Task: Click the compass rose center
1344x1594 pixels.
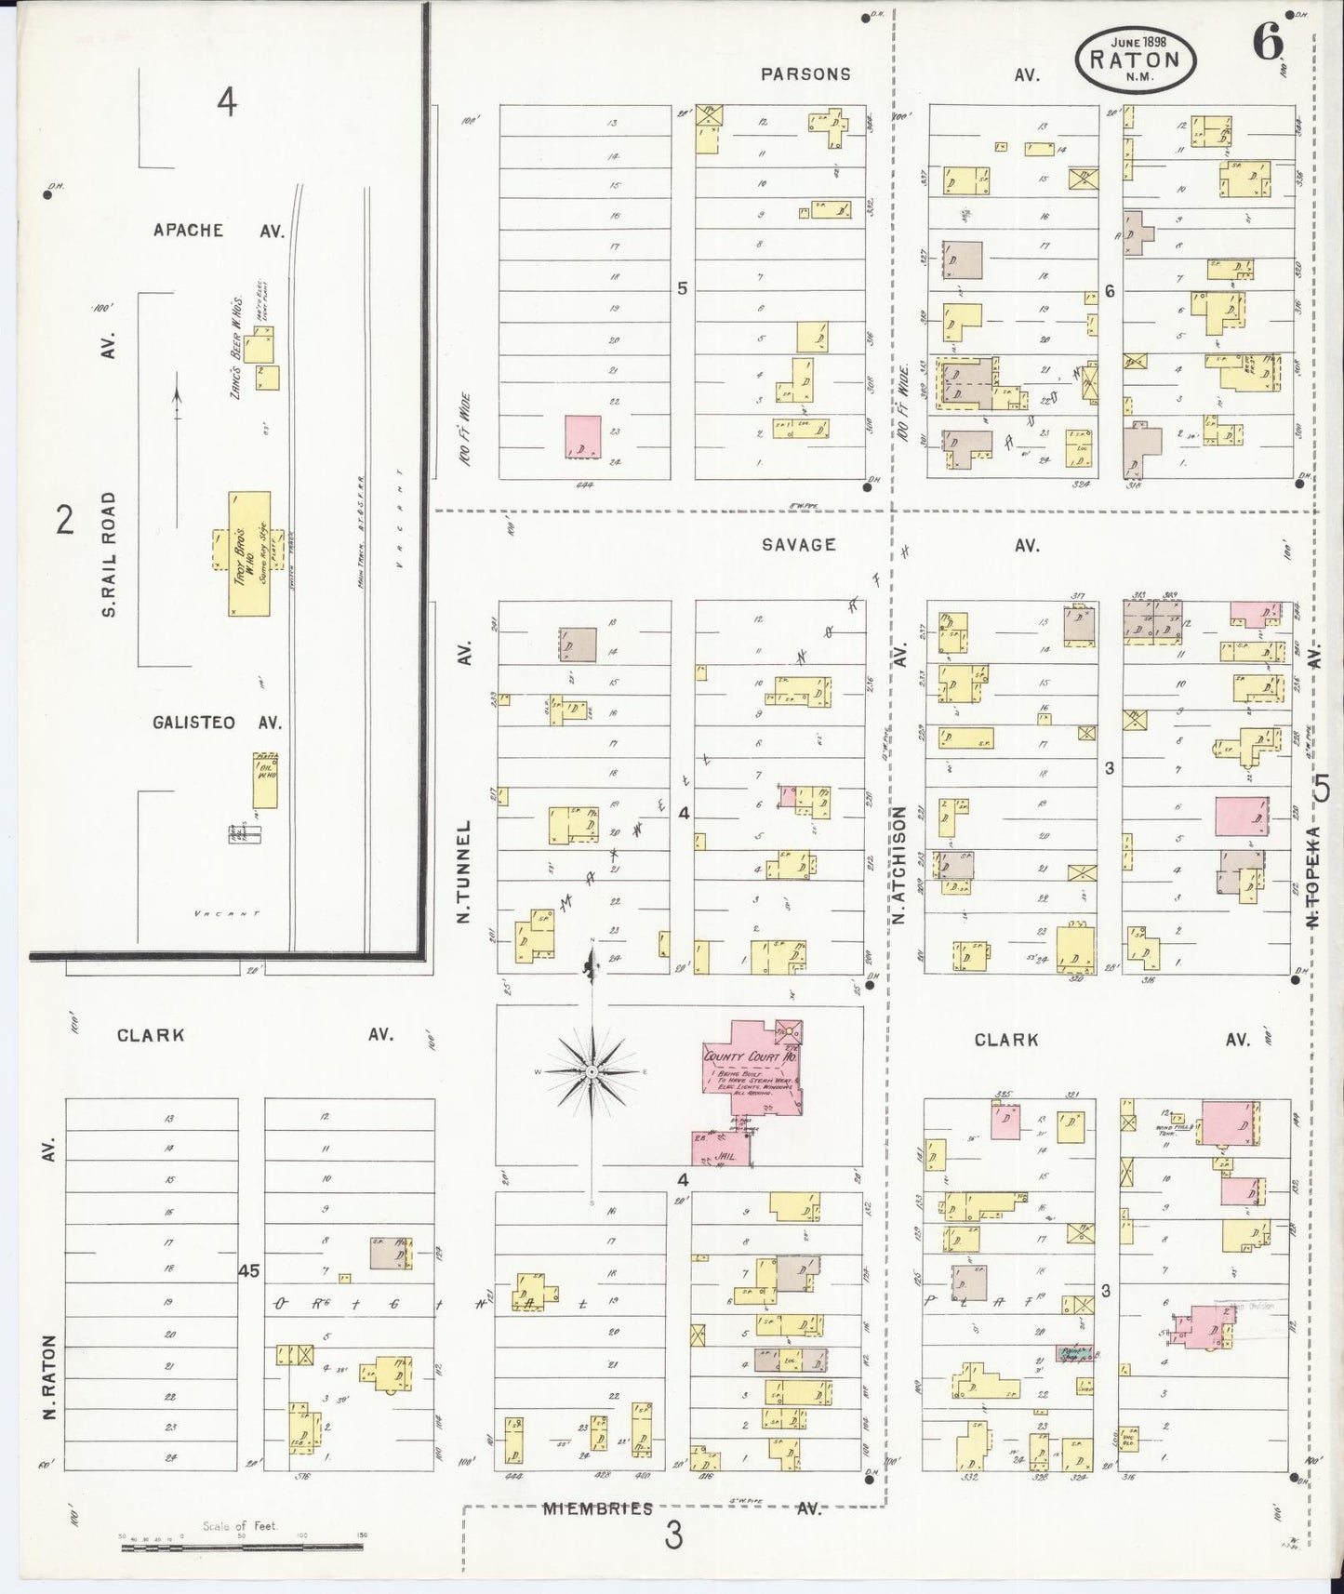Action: tap(592, 1072)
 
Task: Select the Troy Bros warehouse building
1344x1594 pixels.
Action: tap(249, 552)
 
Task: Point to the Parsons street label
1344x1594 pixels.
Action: tap(805, 74)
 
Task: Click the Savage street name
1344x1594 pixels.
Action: tap(798, 545)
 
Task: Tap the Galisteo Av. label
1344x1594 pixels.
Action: tap(192, 723)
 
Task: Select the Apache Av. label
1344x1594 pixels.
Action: tap(189, 231)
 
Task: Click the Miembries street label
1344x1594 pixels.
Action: tap(597, 1508)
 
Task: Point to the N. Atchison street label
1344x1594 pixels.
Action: tap(899, 865)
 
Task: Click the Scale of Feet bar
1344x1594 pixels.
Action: tap(242, 1548)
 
